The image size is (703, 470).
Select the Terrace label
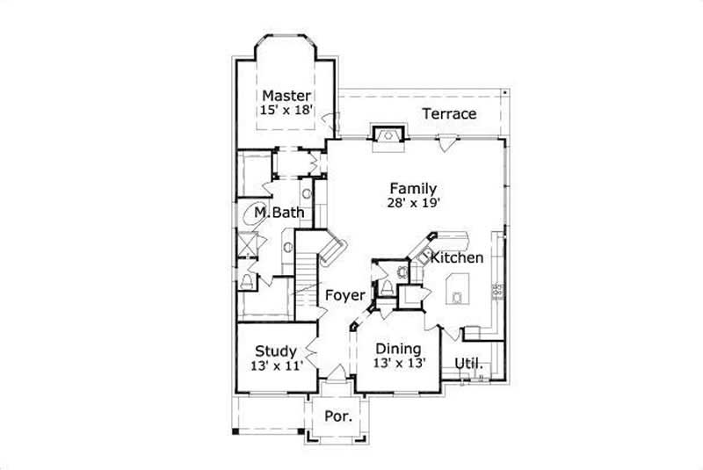click(449, 114)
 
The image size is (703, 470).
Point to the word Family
click(414, 187)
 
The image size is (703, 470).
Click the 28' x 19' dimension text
click(414, 202)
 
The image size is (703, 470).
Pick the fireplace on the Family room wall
click(388, 135)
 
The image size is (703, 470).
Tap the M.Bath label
click(274, 213)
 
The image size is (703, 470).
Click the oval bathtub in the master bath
click(248, 216)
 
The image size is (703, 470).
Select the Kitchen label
click(457, 258)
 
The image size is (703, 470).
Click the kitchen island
click(459, 287)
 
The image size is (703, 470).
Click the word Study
click(275, 351)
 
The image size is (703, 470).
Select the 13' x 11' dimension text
click(275, 366)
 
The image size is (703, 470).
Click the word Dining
click(398, 350)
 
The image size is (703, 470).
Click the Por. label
click(338, 416)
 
